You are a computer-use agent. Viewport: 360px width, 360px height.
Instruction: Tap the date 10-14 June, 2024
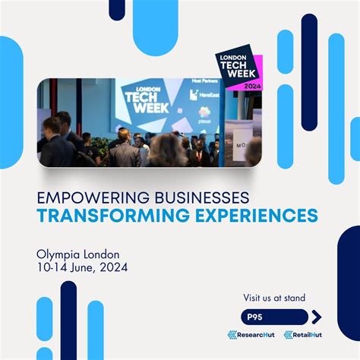[82, 267]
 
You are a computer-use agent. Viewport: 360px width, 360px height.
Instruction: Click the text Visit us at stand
[275, 298]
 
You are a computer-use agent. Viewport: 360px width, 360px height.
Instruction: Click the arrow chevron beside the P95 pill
[316, 317]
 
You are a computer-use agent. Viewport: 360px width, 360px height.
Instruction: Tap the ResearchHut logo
[251, 335]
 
